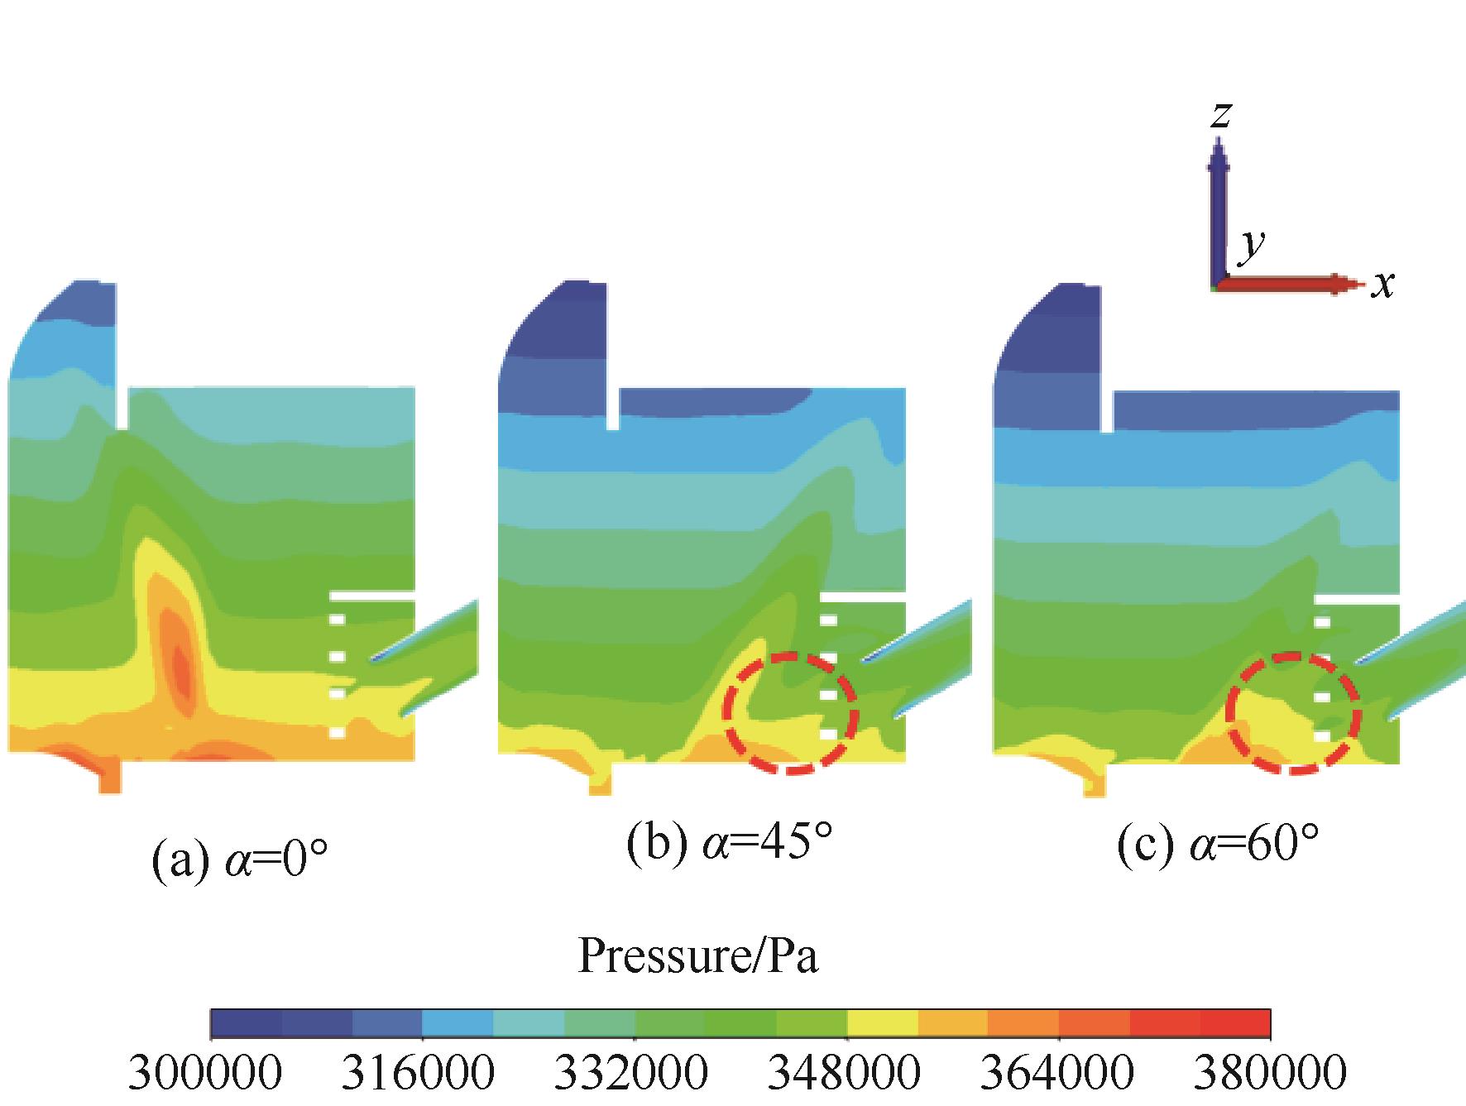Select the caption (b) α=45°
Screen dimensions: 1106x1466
pos(729,845)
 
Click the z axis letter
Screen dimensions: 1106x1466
pos(1219,115)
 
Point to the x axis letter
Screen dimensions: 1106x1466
pos(1382,284)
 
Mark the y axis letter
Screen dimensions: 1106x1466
pos(1252,244)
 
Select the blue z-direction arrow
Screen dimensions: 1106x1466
pos(1219,215)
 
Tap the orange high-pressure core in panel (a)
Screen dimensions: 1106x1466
pos(177,654)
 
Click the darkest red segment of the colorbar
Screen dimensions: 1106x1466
pos(1234,1023)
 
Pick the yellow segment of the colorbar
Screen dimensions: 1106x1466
pos(882,1023)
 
